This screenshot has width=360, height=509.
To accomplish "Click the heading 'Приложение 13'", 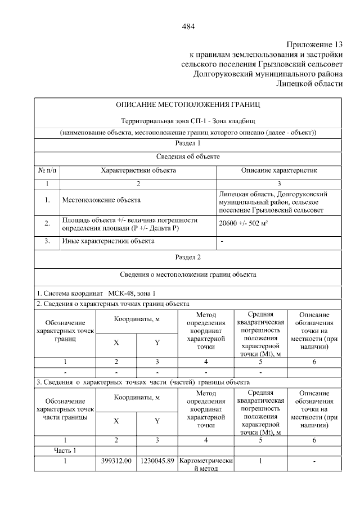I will click(x=314, y=44).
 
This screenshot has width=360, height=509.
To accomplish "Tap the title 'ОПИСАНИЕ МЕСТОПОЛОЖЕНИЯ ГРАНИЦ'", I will click(x=188, y=105).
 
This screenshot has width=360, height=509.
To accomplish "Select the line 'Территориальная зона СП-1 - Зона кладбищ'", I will click(x=188, y=121).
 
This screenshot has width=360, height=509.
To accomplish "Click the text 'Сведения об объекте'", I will click(x=188, y=156).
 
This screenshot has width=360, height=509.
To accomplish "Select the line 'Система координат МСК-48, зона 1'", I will click(x=96, y=293).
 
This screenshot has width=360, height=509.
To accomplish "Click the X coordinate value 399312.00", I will click(x=116, y=461).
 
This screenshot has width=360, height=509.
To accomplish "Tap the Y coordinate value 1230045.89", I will click(x=157, y=461).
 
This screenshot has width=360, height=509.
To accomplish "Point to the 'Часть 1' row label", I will click(x=65, y=450).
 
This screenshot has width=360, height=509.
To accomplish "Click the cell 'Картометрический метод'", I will click(x=206, y=465).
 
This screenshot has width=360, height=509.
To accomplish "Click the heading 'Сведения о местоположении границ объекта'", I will click(x=188, y=275).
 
